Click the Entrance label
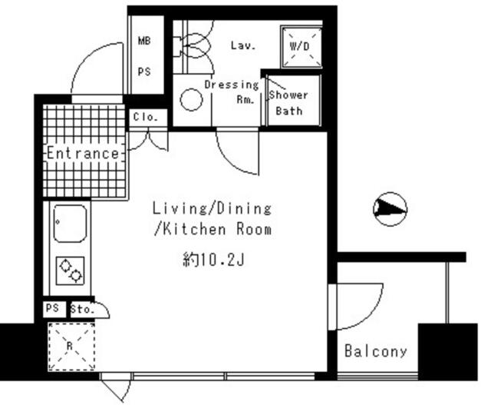84,154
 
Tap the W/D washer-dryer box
302,47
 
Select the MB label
144,41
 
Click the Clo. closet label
145,118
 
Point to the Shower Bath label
288,103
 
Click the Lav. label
243,46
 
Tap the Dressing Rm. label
232,91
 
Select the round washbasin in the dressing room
191,100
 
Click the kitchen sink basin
70,224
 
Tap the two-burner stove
70,271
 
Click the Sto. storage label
82,309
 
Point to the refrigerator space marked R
71,347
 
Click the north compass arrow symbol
390,209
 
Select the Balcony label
376,351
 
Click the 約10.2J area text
213,260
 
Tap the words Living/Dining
212,208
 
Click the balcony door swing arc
370,317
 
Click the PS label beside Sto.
52,308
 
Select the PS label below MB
144,71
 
